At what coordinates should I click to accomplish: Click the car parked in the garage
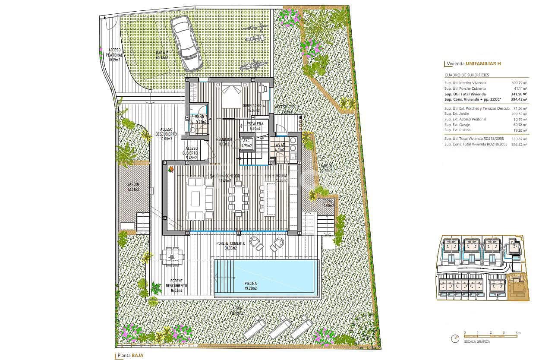coord(186,43)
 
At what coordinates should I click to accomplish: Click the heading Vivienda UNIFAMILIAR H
coord(474,64)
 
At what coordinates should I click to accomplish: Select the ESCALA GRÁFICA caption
coord(477,341)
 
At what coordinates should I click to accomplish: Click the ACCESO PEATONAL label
coord(115,55)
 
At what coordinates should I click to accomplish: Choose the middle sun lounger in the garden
coord(280,327)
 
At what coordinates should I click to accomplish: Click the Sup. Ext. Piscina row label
coord(457,130)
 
